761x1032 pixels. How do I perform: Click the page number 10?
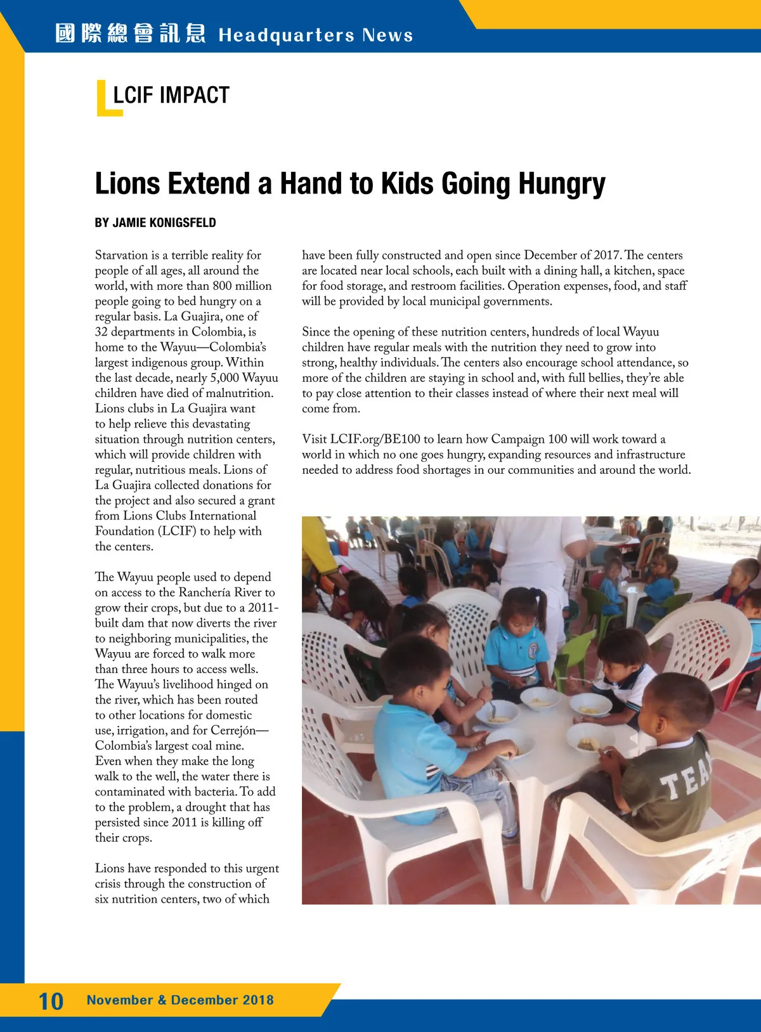[x=51, y=1001]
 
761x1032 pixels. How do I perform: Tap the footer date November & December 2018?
[x=180, y=1000]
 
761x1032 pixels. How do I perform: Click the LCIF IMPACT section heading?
[x=171, y=95]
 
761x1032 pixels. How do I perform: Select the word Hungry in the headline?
[x=562, y=184]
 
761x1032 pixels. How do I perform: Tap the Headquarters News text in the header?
[x=315, y=35]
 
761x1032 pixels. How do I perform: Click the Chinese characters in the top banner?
[x=130, y=34]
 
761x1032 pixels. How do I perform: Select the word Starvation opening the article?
[x=121, y=255]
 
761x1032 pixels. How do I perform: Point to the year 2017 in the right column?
[x=607, y=255]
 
